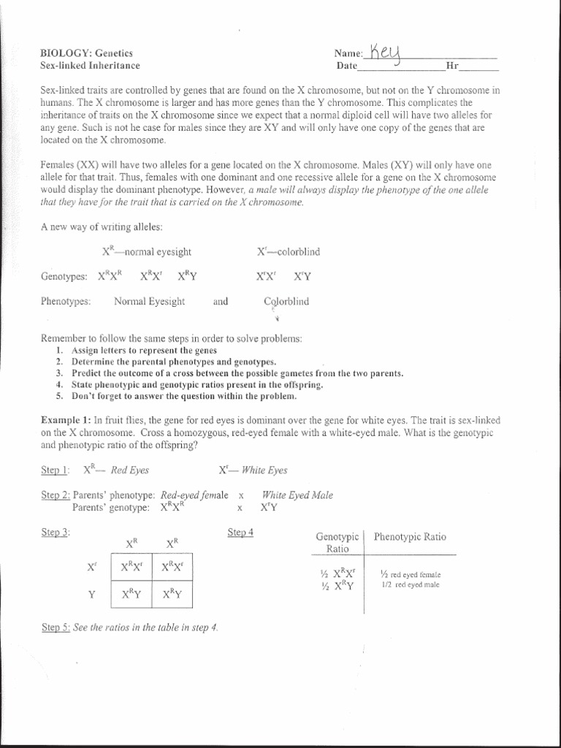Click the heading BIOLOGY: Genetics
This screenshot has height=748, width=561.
coord(86,53)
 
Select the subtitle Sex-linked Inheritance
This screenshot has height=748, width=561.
coord(89,65)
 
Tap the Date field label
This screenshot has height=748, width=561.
coord(346,66)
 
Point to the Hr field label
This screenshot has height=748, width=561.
coord(451,66)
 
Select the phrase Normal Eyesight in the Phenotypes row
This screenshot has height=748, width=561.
coord(149,301)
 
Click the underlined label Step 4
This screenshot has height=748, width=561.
coord(240,533)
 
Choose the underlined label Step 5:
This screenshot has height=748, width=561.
coord(56,627)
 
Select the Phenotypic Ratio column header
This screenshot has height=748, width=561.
coord(410,537)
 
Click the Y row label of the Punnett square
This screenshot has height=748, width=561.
coord(92,595)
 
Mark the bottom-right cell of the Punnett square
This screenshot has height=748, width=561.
coord(172,595)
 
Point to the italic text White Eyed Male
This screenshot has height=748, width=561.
coord(297,495)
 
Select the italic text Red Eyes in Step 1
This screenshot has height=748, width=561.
coord(129,470)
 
